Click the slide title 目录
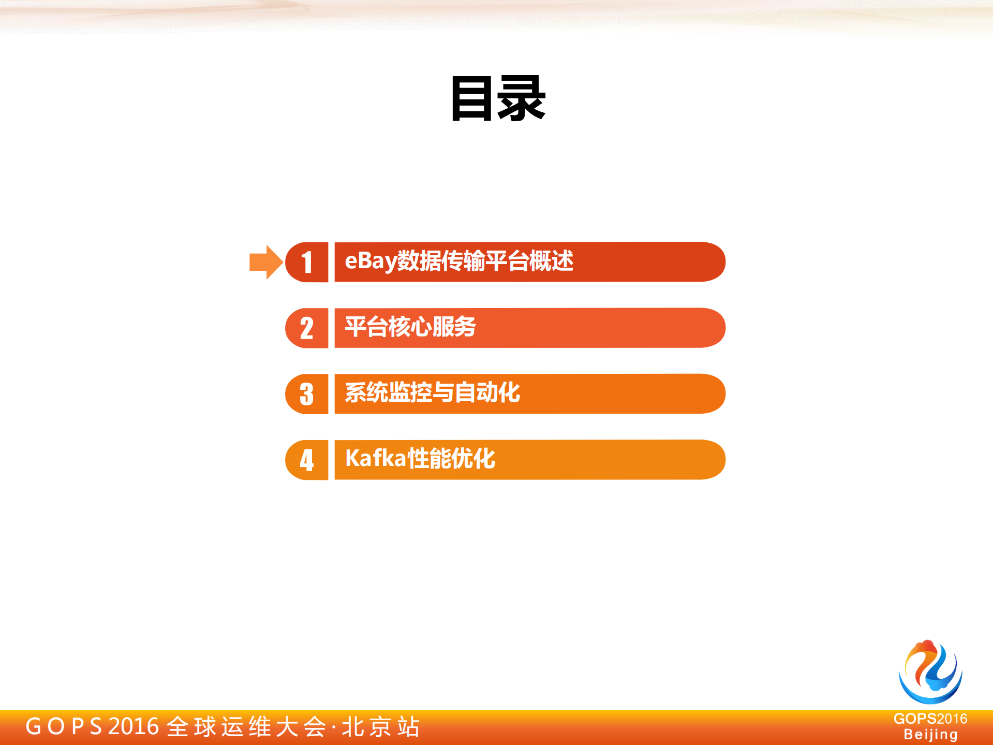498,98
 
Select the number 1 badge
307,262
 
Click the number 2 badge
307,328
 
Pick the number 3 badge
307,394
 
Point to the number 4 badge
307,460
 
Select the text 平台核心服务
410,327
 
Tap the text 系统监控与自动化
432,392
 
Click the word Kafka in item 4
376,459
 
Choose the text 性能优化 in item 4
452,459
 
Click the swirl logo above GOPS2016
930,671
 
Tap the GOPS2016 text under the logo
930,719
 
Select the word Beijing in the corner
930,735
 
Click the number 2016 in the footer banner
134,726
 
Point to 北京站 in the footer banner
381,727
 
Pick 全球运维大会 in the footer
246,727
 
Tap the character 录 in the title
522,98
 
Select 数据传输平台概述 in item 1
485,261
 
